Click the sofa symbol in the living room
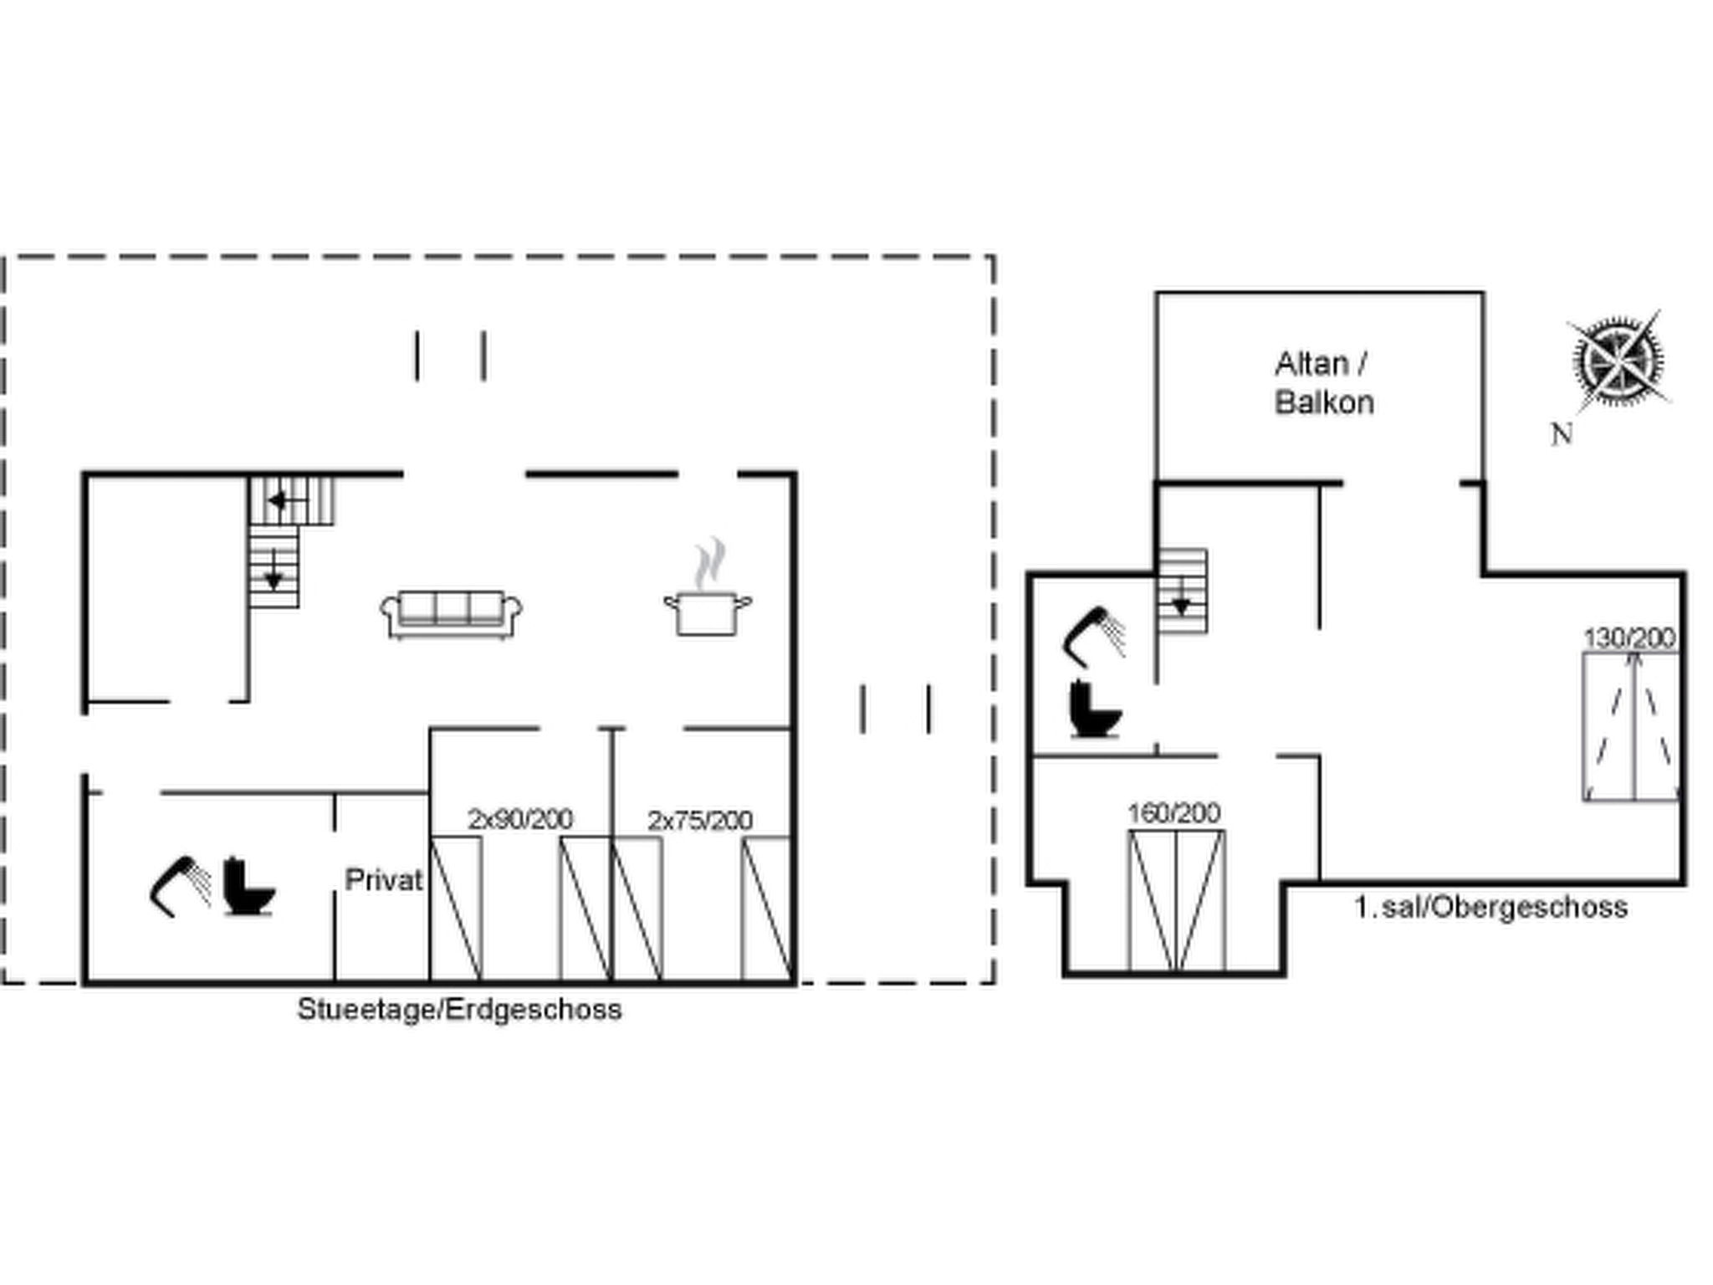[451, 615]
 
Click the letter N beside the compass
[1561, 434]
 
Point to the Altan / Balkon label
[1324, 383]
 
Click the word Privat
[384, 880]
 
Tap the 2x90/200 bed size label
[520, 819]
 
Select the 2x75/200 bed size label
[700, 820]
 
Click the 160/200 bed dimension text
[1174, 812]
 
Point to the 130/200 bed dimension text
[1629, 638]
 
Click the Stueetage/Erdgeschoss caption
[459, 1009]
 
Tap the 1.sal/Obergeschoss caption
[1491, 907]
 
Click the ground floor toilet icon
[249, 887]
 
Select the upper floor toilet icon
[1096, 709]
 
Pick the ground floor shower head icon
[181, 886]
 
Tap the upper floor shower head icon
[1093, 636]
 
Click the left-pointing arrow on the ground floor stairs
[279, 501]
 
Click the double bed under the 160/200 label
[1176, 901]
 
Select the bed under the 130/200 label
[1631, 727]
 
